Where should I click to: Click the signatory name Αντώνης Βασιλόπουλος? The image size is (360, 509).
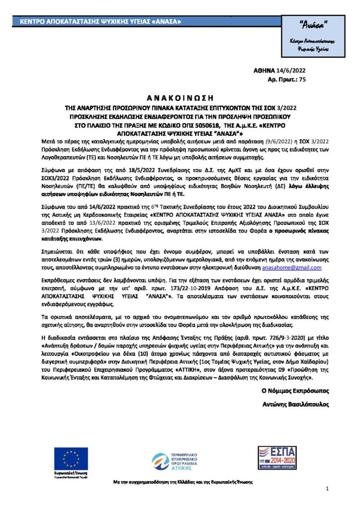coord(295,404)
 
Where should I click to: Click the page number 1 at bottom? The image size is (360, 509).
coord(327,490)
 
